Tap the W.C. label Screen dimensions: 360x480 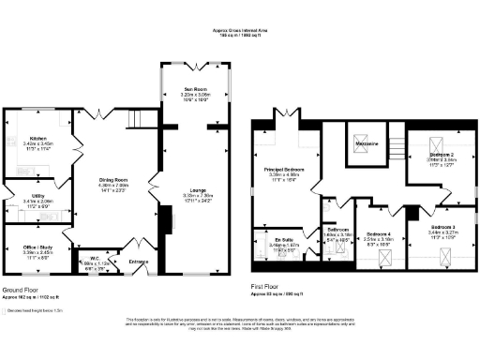pyautogui.click(x=95, y=259)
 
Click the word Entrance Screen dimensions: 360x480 pyautogui.click(x=139, y=262)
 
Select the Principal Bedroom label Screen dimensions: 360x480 pyautogui.click(x=283, y=169)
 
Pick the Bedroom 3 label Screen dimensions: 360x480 pyautogui.click(x=444, y=227)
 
